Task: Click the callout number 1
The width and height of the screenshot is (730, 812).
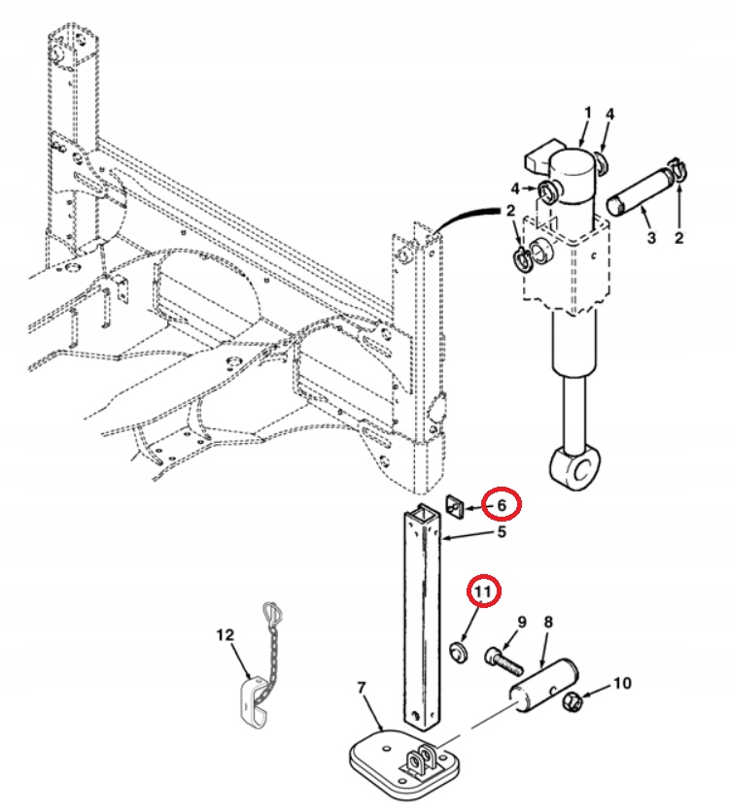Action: tap(586, 115)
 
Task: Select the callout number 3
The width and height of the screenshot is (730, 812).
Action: tap(648, 237)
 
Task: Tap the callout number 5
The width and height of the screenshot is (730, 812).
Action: tap(502, 532)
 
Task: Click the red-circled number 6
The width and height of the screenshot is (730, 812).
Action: tap(502, 505)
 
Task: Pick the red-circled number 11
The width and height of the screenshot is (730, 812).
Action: tap(484, 590)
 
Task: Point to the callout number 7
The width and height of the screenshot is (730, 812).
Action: tap(362, 689)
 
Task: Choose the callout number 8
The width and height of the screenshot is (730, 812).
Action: tap(547, 622)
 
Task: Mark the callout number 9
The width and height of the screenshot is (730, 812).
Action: tap(520, 622)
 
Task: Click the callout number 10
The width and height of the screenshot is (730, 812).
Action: tap(621, 684)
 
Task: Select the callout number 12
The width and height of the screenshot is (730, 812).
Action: tap(226, 635)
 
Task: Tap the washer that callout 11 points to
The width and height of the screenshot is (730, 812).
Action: tap(460, 650)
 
